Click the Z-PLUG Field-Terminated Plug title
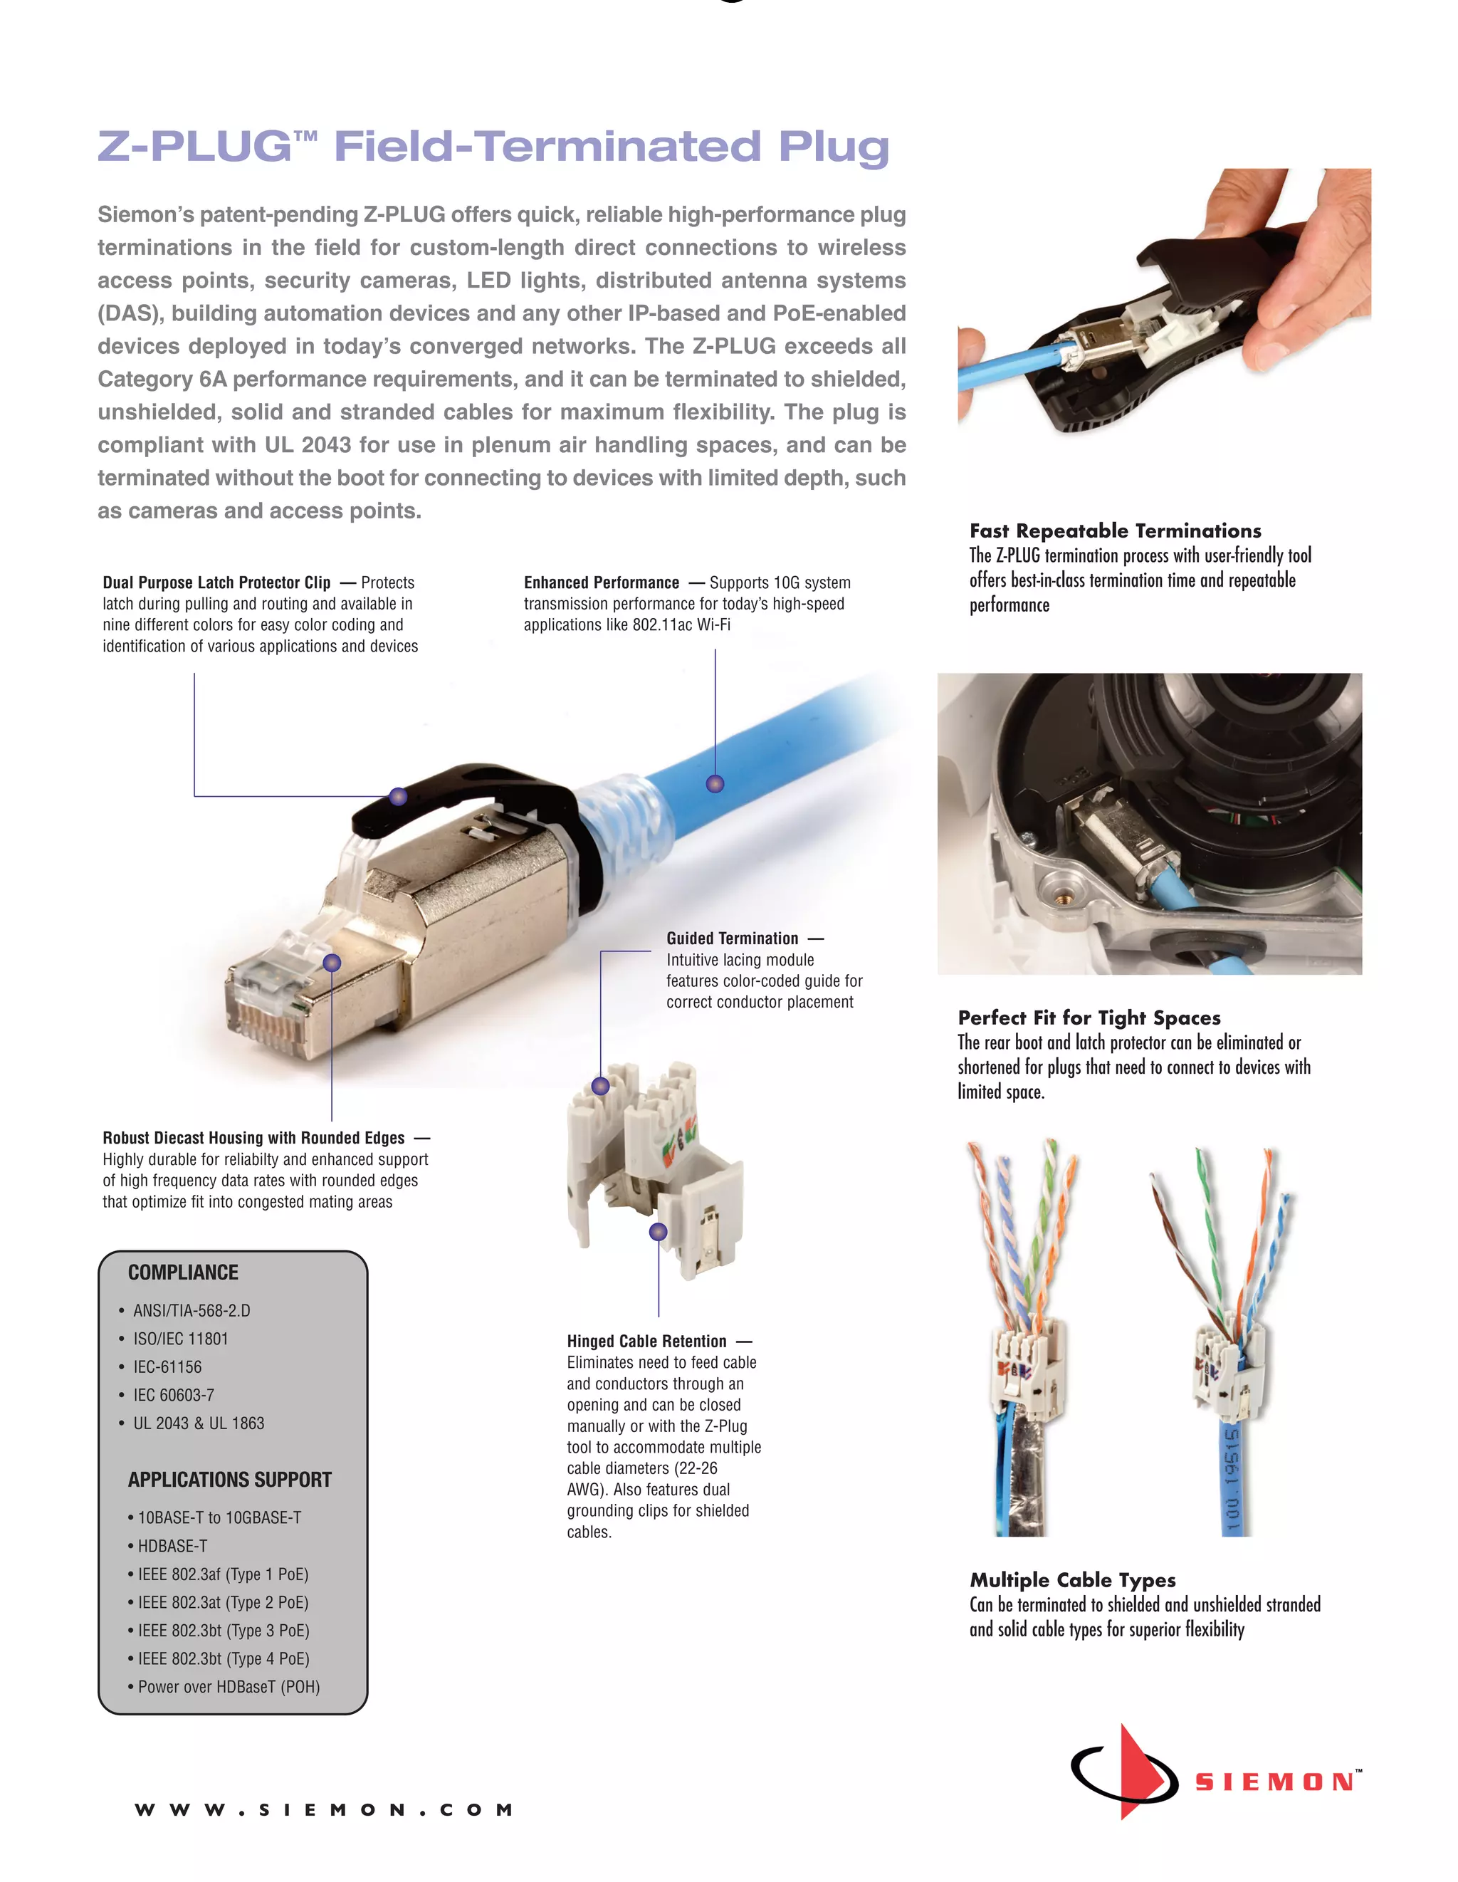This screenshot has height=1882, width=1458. tap(492, 147)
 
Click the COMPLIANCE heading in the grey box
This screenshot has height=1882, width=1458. tap(183, 1272)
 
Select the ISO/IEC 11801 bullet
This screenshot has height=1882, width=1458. tap(180, 1338)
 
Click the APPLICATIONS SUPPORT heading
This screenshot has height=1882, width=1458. tap(229, 1480)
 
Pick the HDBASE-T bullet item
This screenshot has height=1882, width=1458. tap(172, 1546)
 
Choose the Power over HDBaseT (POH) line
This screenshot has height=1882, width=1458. tap(229, 1686)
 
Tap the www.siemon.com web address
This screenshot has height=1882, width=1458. tap(324, 1809)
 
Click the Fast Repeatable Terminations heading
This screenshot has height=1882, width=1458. tap(1115, 530)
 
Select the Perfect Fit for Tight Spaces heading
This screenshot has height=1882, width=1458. tap(1089, 1018)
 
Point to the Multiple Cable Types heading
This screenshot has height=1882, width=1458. tap(1072, 1579)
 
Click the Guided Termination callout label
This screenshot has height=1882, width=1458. tap(733, 939)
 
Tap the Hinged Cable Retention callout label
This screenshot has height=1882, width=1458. tap(646, 1341)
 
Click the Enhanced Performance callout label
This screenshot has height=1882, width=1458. tap(602, 582)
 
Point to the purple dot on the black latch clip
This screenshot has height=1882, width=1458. tap(398, 796)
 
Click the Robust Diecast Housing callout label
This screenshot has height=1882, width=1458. tap(253, 1137)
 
